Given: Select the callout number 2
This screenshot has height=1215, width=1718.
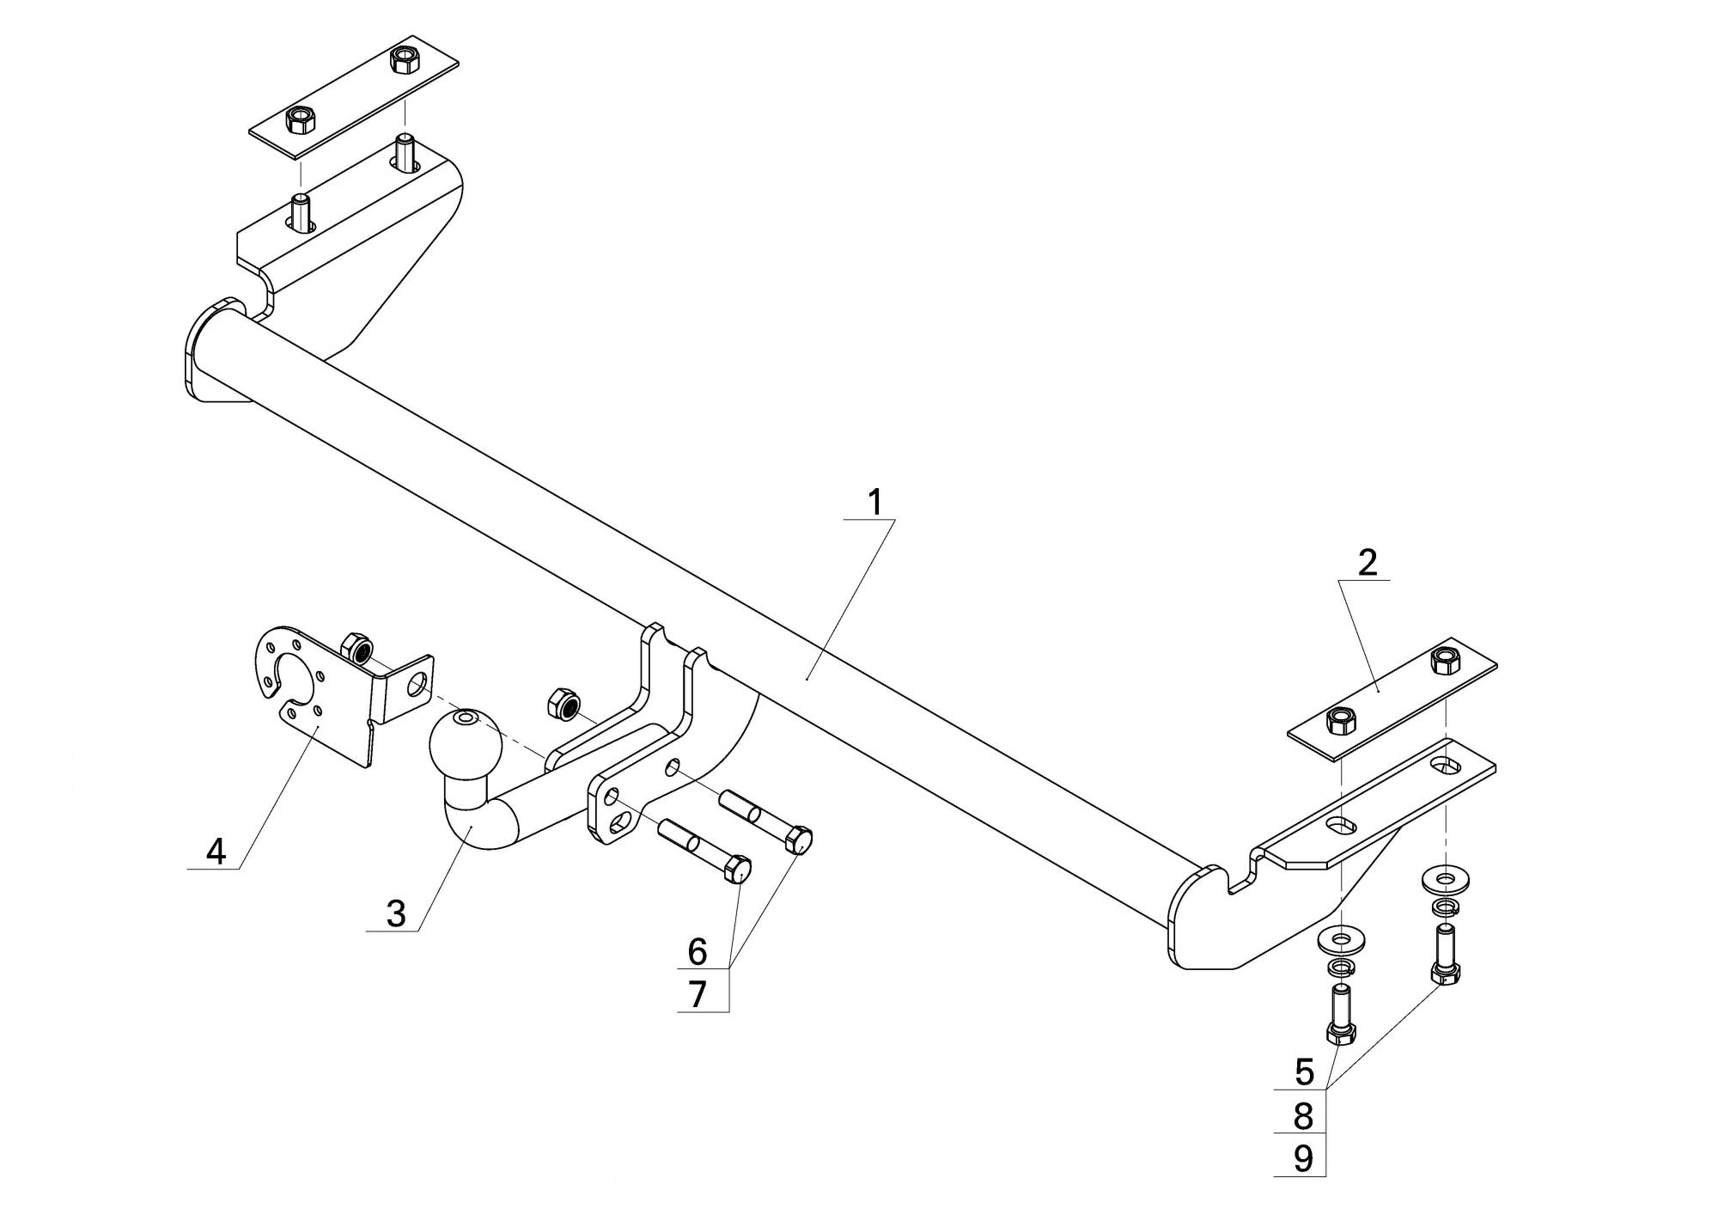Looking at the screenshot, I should point(1368,563).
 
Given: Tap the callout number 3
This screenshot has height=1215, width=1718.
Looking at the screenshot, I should point(395,913).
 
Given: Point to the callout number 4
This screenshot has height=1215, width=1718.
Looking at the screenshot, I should point(216,852).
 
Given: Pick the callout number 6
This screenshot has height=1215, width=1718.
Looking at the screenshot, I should point(697,951).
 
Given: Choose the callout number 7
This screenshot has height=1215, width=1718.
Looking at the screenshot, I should point(697,994).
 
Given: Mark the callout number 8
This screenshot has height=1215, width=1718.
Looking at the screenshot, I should point(1304,1116).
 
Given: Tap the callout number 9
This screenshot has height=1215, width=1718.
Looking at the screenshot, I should point(1304,1159).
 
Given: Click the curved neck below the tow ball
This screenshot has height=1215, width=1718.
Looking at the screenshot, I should point(473,816).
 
